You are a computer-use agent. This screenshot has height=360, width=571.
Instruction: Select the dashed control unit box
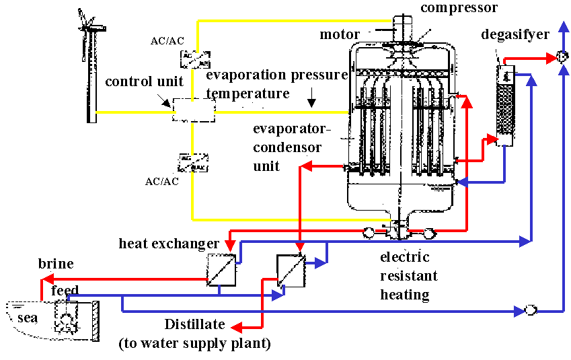[193, 109]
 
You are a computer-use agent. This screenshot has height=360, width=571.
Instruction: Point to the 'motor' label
[340, 34]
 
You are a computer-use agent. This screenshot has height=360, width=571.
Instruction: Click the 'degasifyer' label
[515, 34]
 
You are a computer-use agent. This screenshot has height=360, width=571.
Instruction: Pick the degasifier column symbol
[504, 105]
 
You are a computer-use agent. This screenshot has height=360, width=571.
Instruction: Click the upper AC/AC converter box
[194, 59]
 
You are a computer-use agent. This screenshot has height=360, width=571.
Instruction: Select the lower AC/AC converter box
[193, 162]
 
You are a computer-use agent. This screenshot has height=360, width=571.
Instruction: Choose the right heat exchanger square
[291, 269]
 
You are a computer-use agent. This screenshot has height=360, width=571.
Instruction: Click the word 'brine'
[56, 263]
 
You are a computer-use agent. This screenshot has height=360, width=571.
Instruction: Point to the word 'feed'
[65, 291]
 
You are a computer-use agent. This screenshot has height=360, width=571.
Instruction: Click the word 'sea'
[28, 317]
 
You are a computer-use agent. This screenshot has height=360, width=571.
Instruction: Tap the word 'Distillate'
[195, 324]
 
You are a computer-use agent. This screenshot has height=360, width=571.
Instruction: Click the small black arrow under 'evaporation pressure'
[311, 103]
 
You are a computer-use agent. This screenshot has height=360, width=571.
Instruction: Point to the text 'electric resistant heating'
[408, 276]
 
